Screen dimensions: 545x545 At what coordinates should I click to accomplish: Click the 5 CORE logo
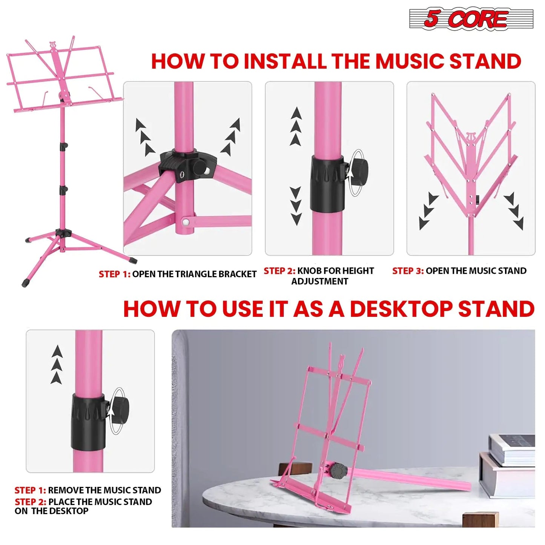point(471,19)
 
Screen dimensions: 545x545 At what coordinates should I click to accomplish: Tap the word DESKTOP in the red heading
point(401,309)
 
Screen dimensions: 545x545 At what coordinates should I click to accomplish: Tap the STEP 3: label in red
point(408,271)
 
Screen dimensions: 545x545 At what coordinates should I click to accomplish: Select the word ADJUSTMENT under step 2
point(319,281)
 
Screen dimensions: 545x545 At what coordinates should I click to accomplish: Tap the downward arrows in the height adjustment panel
point(296,206)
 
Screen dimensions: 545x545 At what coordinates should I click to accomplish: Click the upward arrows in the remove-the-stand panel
point(57,364)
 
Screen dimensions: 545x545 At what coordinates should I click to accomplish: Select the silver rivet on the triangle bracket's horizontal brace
point(186,221)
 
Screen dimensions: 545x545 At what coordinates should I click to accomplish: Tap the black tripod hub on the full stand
point(63,233)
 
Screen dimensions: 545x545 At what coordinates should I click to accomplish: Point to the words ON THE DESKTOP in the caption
point(52,511)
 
